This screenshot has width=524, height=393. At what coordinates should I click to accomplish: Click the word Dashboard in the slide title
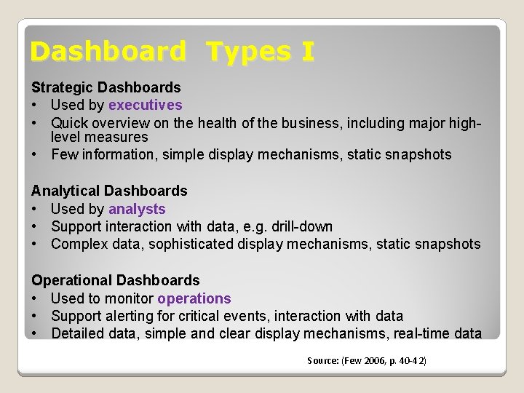point(108,52)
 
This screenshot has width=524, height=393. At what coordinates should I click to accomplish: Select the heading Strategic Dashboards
point(106,88)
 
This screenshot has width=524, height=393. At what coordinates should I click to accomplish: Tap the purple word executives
point(146,106)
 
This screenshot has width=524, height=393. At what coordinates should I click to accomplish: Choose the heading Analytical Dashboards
point(109,191)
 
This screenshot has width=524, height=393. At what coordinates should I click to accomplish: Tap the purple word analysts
point(137,209)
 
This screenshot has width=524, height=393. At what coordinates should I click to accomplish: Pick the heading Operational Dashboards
point(115,280)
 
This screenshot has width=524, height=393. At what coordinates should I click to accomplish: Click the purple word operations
point(194,298)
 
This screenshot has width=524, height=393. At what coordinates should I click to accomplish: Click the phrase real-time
point(419,333)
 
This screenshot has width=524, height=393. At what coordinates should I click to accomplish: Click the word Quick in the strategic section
point(69,123)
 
